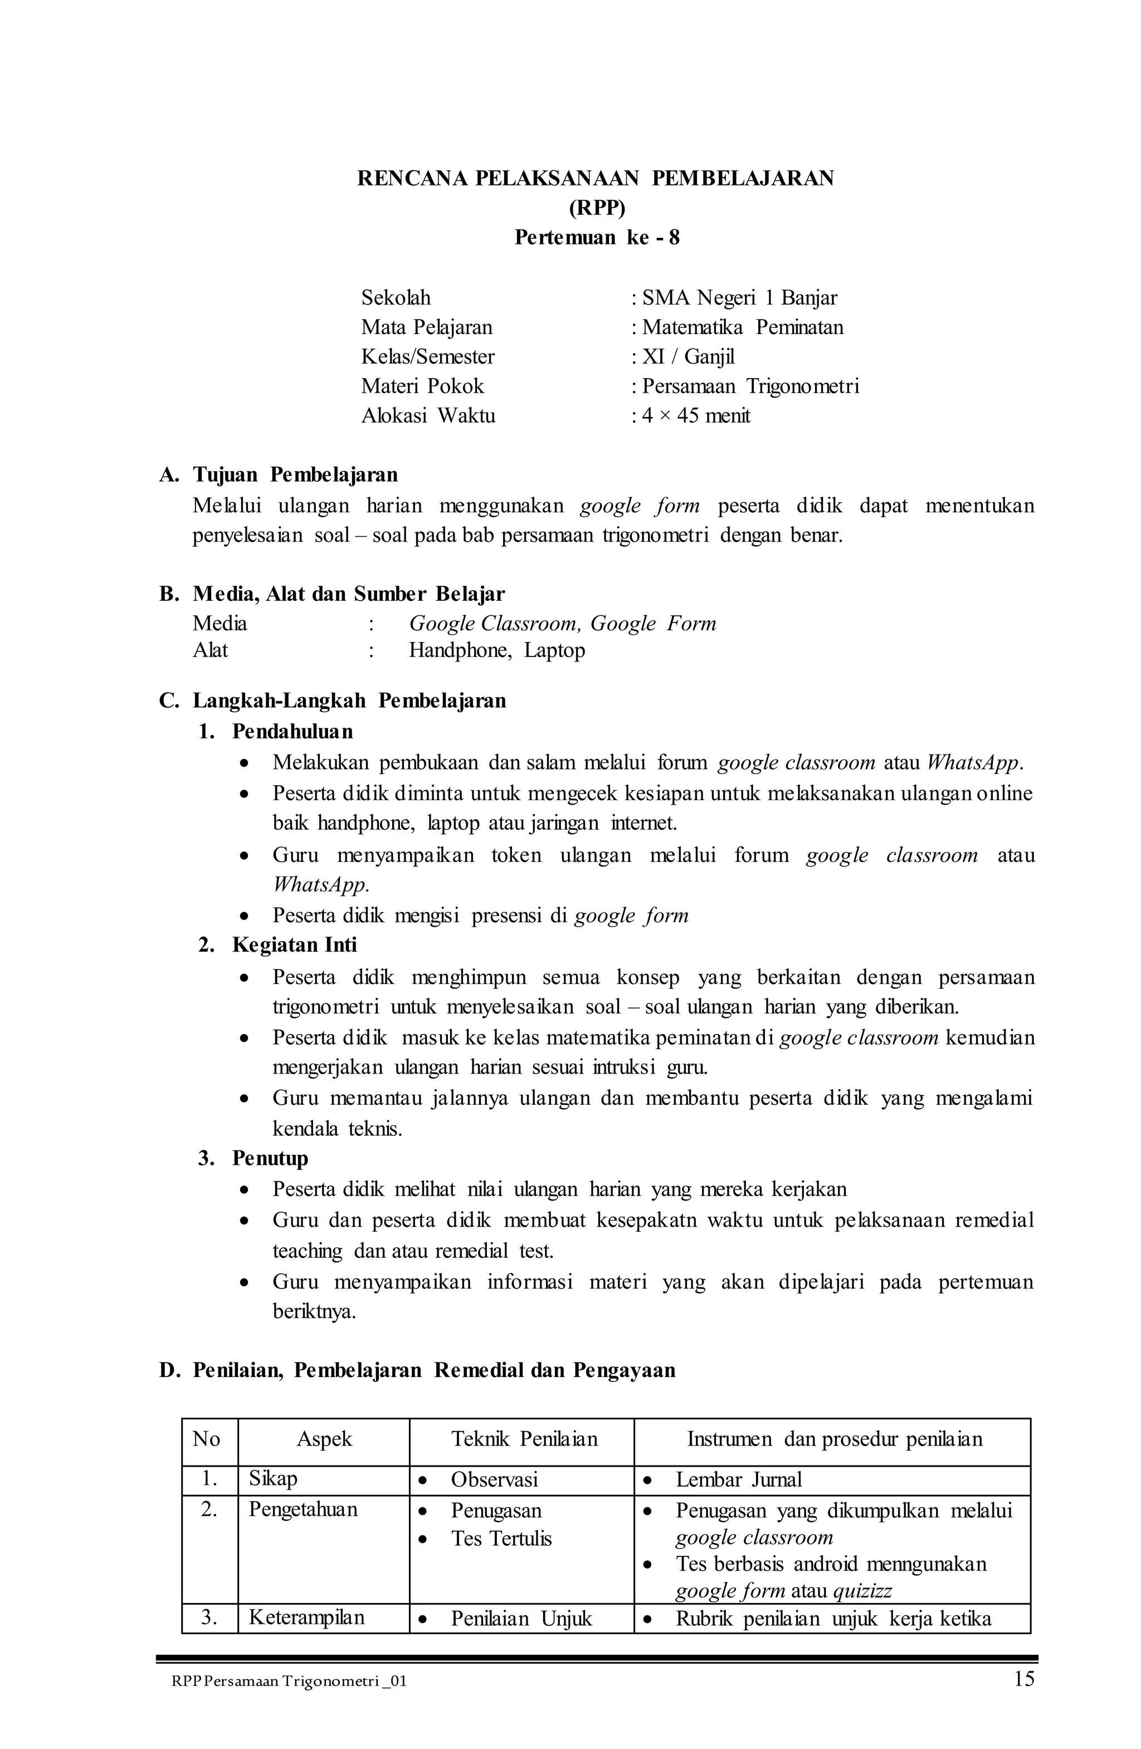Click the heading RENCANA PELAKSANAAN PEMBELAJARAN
coord(596,179)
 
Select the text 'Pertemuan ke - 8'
coord(596,237)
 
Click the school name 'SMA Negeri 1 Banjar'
coord(738,297)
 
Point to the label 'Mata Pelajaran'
coord(426,327)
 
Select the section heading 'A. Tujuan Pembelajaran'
coord(279,475)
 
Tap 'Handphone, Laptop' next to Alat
coord(497,650)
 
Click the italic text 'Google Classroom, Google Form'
coord(562,624)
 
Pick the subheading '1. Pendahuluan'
coord(276,731)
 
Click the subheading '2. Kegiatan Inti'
coord(277,944)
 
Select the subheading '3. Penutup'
coord(253,1158)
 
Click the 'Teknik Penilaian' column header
coord(524,1439)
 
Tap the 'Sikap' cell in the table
coord(273,1478)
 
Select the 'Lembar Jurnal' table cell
coord(738,1479)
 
